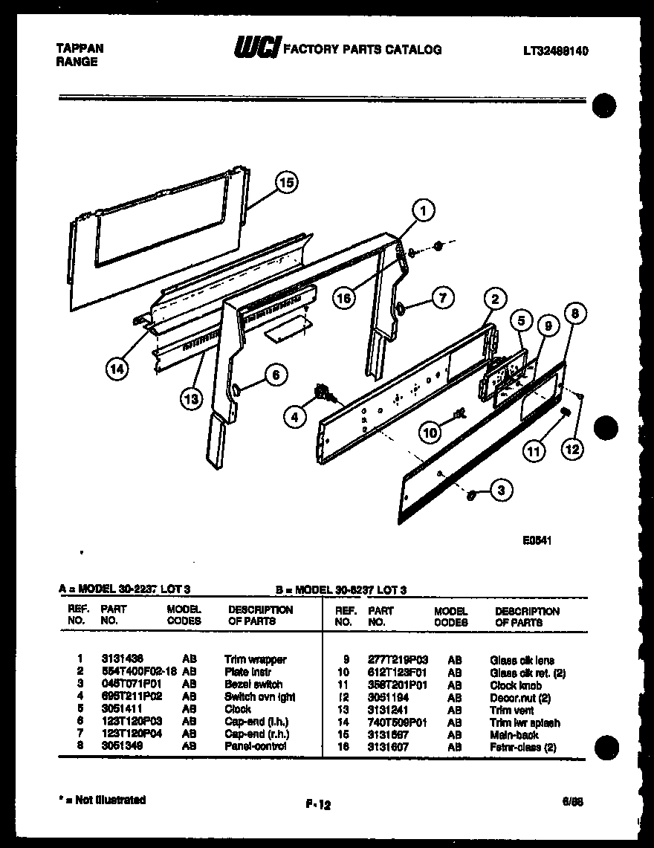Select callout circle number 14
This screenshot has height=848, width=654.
coord(115,367)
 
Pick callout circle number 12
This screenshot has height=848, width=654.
coord(572,448)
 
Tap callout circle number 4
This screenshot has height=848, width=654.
coord(295,417)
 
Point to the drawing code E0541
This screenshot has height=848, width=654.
coord(537,542)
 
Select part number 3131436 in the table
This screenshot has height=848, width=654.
coord(122,659)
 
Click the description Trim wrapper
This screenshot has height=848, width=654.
coord(255,659)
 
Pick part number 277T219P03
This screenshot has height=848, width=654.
coord(398,660)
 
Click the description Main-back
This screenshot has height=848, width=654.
coord(514,734)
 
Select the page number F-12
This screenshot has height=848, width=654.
coord(317,803)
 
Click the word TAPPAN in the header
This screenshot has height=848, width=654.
coord(80,48)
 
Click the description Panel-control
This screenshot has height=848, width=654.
coord(255,746)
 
